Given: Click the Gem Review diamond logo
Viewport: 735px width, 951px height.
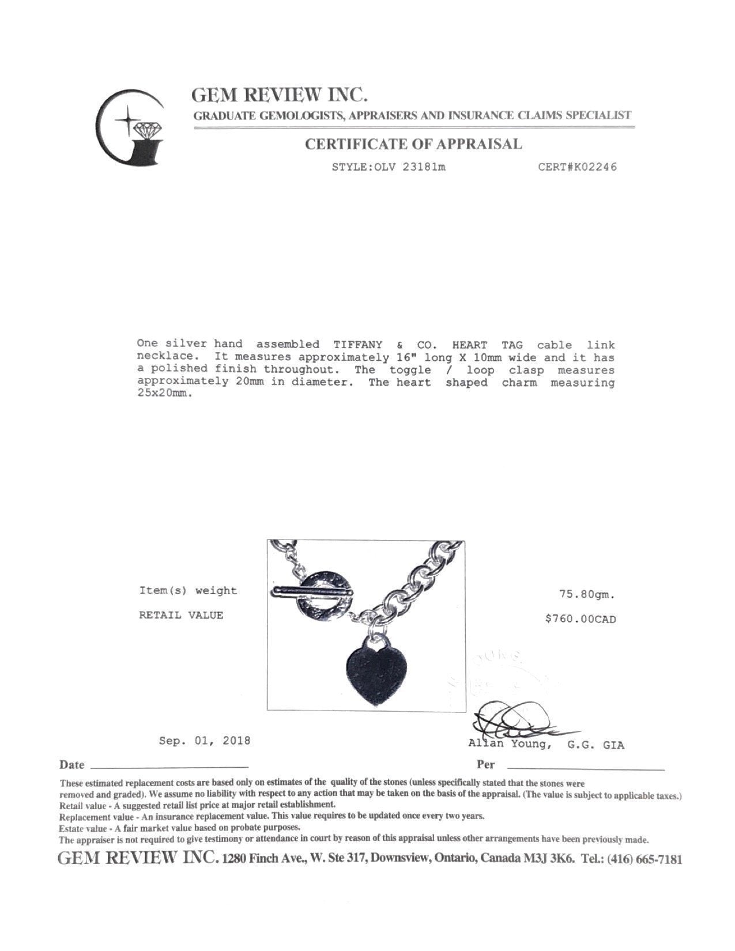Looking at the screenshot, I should [x=129, y=128].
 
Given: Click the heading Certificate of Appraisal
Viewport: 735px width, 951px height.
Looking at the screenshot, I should [x=413, y=144].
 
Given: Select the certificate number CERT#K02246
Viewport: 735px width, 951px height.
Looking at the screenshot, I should [x=577, y=167].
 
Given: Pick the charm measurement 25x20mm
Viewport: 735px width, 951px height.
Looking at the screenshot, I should [x=163, y=395].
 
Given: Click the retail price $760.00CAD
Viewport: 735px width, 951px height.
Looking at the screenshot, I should [x=581, y=619].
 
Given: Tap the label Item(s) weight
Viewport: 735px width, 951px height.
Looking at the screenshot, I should [x=188, y=590].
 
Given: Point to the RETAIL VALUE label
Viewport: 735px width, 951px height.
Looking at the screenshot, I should [x=181, y=615].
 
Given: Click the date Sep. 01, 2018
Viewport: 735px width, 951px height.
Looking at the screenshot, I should [x=205, y=740].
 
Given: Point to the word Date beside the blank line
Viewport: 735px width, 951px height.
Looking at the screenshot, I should [x=72, y=765].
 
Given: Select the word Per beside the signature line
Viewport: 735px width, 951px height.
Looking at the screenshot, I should [x=485, y=765].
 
